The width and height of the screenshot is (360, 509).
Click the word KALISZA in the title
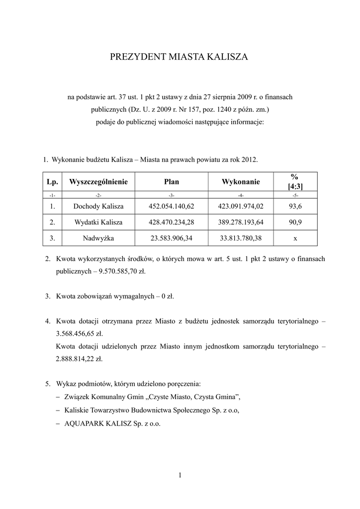point(225,58)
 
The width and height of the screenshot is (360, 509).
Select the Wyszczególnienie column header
point(98,182)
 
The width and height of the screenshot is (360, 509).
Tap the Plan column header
point(171,182)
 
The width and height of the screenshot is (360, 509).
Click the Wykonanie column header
point(241,182)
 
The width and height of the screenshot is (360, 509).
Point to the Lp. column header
point(52,182)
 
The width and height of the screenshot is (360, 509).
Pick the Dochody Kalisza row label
point(98,206)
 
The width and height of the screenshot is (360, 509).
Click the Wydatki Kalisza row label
point(98,222)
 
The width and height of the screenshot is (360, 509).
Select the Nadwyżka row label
point(98,239)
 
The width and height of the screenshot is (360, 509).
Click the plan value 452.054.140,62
point(171,206)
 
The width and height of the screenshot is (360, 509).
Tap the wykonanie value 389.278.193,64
point(241,222)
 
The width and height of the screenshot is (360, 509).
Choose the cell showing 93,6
point(295,206)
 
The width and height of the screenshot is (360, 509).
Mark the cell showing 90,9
point(295,222)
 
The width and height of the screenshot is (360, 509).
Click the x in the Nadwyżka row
point(295,239)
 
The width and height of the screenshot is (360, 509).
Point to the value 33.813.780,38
point(241,239)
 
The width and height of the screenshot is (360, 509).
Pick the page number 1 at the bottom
point(180,476)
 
